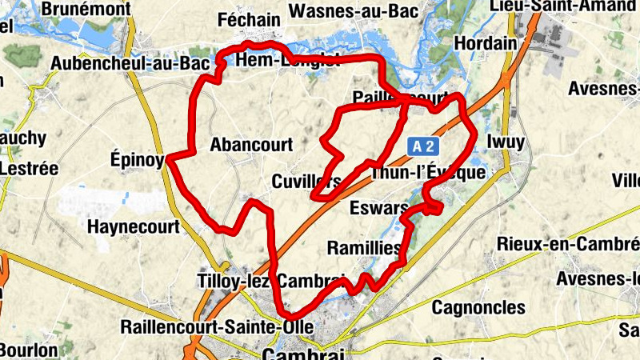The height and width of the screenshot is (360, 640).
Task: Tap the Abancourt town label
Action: tap(251, 145)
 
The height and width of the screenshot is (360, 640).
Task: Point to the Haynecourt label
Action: tap(133, 226)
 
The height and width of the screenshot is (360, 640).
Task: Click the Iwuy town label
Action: tap(506, 142)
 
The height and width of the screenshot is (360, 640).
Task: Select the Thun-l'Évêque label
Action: tap(428, 173)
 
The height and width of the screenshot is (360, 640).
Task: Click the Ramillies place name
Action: tap(364, 248)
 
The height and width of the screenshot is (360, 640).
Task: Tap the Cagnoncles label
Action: tap(478, 307)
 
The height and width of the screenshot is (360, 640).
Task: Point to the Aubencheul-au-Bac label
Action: tap(129, 62)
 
